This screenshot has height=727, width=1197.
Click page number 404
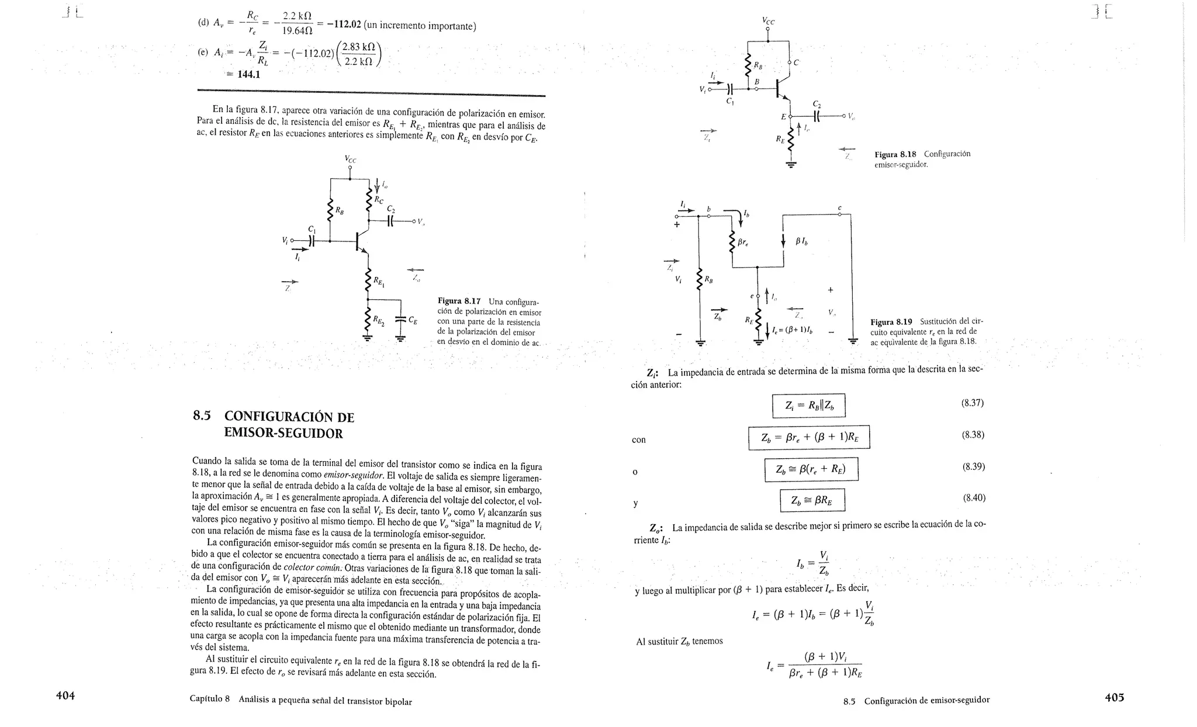point(65,695)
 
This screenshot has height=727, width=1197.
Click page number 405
point(1114,697)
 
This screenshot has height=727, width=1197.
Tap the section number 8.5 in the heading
point(202,416)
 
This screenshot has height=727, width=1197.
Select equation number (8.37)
point(973,403)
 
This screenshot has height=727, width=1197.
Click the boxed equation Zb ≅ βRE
point(812,500)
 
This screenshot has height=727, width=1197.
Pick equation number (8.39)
point(973,466)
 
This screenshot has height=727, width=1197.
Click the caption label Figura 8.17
point(459,302)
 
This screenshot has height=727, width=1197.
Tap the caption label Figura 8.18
point(895,154)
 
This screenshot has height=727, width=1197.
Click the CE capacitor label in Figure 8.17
point(413,320)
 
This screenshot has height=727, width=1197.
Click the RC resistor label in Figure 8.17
point(379,200)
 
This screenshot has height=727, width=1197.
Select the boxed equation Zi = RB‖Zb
point(808,406)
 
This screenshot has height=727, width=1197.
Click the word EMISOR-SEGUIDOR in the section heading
point(283,433)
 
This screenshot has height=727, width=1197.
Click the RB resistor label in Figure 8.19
point(708,280)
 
